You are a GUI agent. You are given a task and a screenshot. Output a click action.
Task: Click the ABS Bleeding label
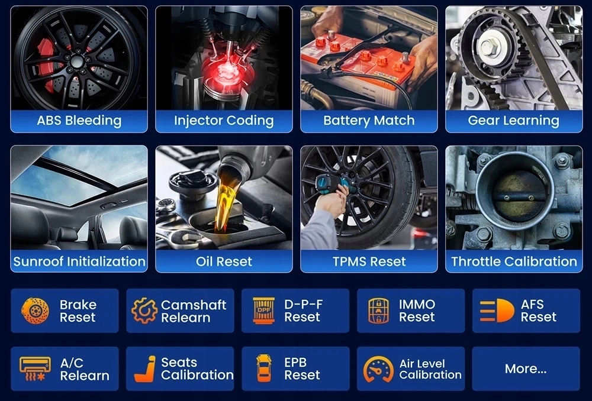click(79, 120)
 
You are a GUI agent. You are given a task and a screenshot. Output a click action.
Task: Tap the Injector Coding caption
click(224, 120)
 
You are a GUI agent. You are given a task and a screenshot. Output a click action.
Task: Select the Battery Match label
click(369, 120)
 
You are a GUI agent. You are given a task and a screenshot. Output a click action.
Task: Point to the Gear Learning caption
click(513, 120)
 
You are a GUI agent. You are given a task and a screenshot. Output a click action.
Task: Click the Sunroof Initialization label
click(79, 261)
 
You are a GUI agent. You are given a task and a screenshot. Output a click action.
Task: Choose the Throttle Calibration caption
click(514, 261)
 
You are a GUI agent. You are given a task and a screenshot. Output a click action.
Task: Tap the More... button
click(526, 368)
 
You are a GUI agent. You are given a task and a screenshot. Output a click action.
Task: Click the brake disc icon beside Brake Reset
click(35, 311)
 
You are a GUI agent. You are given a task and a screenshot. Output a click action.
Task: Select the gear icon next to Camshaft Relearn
click(144, 311)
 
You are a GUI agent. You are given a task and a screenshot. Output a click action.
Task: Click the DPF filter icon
click(263, 311)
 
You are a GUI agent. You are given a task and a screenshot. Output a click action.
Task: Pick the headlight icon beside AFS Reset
click(497, 311)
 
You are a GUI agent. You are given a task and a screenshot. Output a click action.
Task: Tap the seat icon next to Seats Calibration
click(146, 369)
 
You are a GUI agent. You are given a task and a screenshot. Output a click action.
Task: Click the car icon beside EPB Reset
click(263, 368)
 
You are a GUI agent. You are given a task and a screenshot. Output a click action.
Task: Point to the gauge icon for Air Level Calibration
click(378, 369)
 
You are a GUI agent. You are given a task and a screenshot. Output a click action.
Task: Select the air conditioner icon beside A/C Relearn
click(35, 368)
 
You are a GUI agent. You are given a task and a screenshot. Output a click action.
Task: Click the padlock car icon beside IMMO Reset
click(378, 311)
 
